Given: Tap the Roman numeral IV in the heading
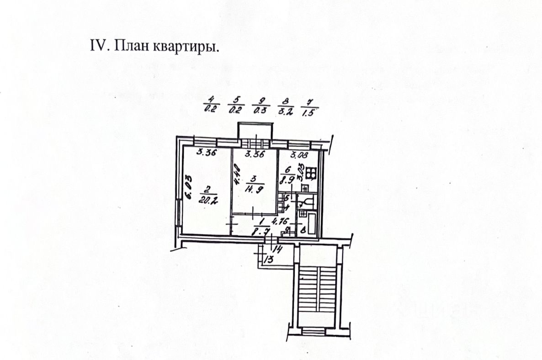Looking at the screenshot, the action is point(102,47).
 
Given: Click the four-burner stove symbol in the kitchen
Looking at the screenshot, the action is point(312,173).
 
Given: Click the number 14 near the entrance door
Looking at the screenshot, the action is point(277,249).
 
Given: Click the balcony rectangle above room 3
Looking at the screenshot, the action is point(255,131).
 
